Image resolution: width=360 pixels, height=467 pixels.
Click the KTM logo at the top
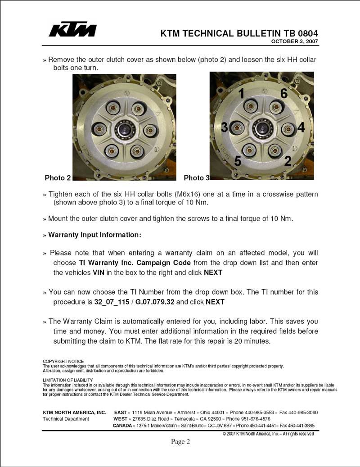point(72,30)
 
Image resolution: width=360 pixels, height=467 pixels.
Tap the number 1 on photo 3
point(242,93)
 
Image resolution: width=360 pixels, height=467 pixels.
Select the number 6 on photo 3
point(283,93)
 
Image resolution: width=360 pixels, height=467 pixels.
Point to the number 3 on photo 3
point(225,127)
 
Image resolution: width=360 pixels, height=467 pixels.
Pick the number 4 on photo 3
point(301,127)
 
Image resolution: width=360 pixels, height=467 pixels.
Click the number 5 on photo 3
point(238,161)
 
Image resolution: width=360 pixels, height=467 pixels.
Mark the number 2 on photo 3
point(288,161)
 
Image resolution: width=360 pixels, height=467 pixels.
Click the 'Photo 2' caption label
point(58,178)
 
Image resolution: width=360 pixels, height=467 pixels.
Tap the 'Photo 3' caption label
point(197,178)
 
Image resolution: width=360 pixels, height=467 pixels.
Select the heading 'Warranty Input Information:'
point(94,235)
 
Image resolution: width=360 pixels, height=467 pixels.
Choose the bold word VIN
point(99,273)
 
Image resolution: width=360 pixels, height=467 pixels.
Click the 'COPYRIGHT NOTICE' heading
point(63,361)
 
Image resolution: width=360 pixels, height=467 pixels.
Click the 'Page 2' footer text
point(180,442)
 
